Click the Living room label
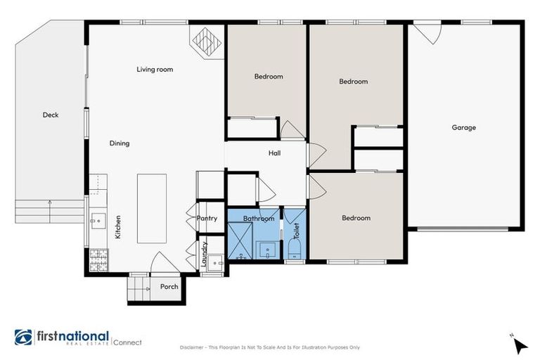[155, 70]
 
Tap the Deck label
[50, 115]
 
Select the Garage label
[463, 127]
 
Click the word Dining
[120, 143]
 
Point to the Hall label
[274, 153]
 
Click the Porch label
[169, 287]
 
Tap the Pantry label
[207, 219]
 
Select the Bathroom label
[258, 219]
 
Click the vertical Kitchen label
[118, 226]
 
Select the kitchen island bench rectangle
[152, 208]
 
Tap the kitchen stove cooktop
[96, 261]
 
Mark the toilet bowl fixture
[294, 250]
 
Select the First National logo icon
[23, 337]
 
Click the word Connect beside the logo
[127, 342]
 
